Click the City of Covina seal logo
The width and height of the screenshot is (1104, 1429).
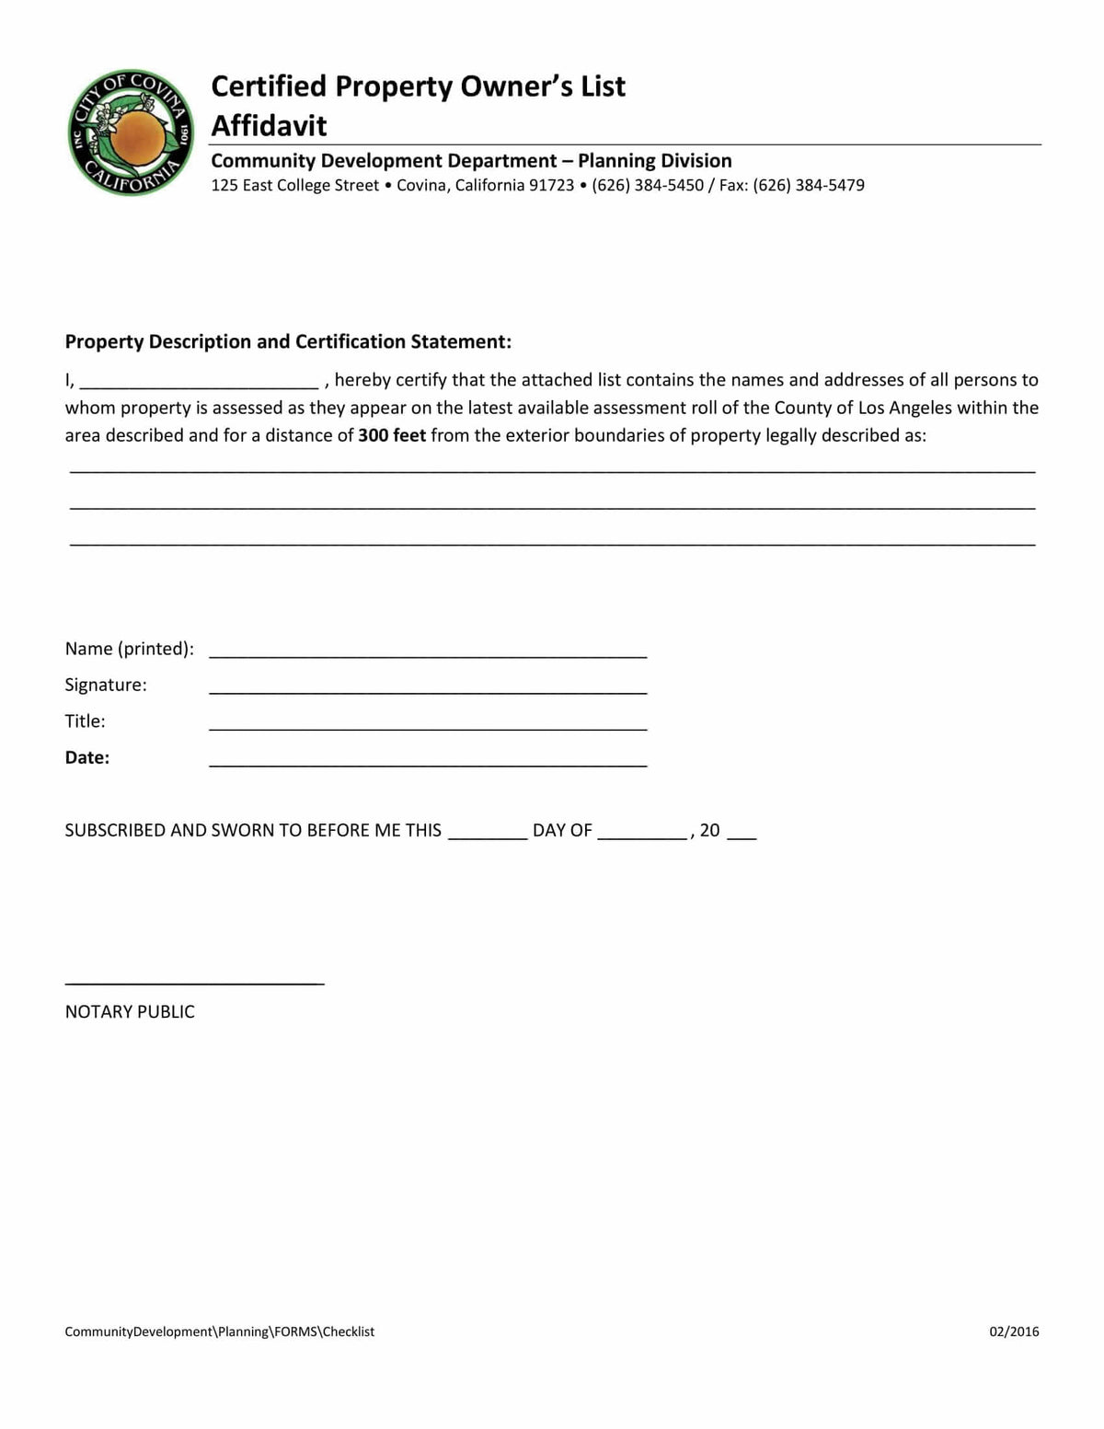click(x=130, y=133)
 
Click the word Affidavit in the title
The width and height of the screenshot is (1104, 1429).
click(x=269, y=125)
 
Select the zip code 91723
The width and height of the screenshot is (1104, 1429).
click(x=551, y=185)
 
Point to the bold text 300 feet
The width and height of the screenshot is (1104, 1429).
click(x=392, y=435)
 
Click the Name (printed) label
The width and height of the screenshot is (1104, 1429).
click(x=129, y=649)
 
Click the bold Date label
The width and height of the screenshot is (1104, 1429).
click(x=86, y=757)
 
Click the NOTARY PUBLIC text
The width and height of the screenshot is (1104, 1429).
click(x=130, y=1011)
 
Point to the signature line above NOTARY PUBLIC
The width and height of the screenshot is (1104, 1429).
click(x=194, y=982)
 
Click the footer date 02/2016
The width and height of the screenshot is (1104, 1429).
click(x=1014, y=1331)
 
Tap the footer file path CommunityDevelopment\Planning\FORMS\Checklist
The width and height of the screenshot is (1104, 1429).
click(x=219, y=1331)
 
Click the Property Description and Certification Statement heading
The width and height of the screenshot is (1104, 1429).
click(x=288, y=341)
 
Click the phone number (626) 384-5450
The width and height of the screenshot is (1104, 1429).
click(x=648, y=185)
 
